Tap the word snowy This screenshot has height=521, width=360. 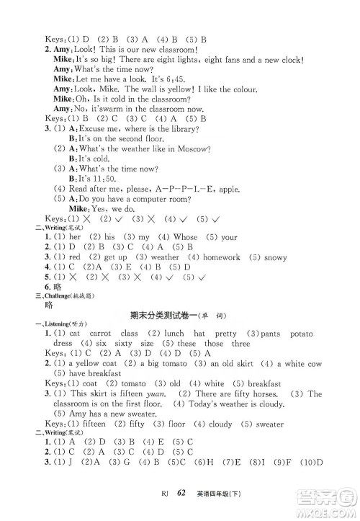point(275,257)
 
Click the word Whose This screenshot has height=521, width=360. point(185,236)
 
